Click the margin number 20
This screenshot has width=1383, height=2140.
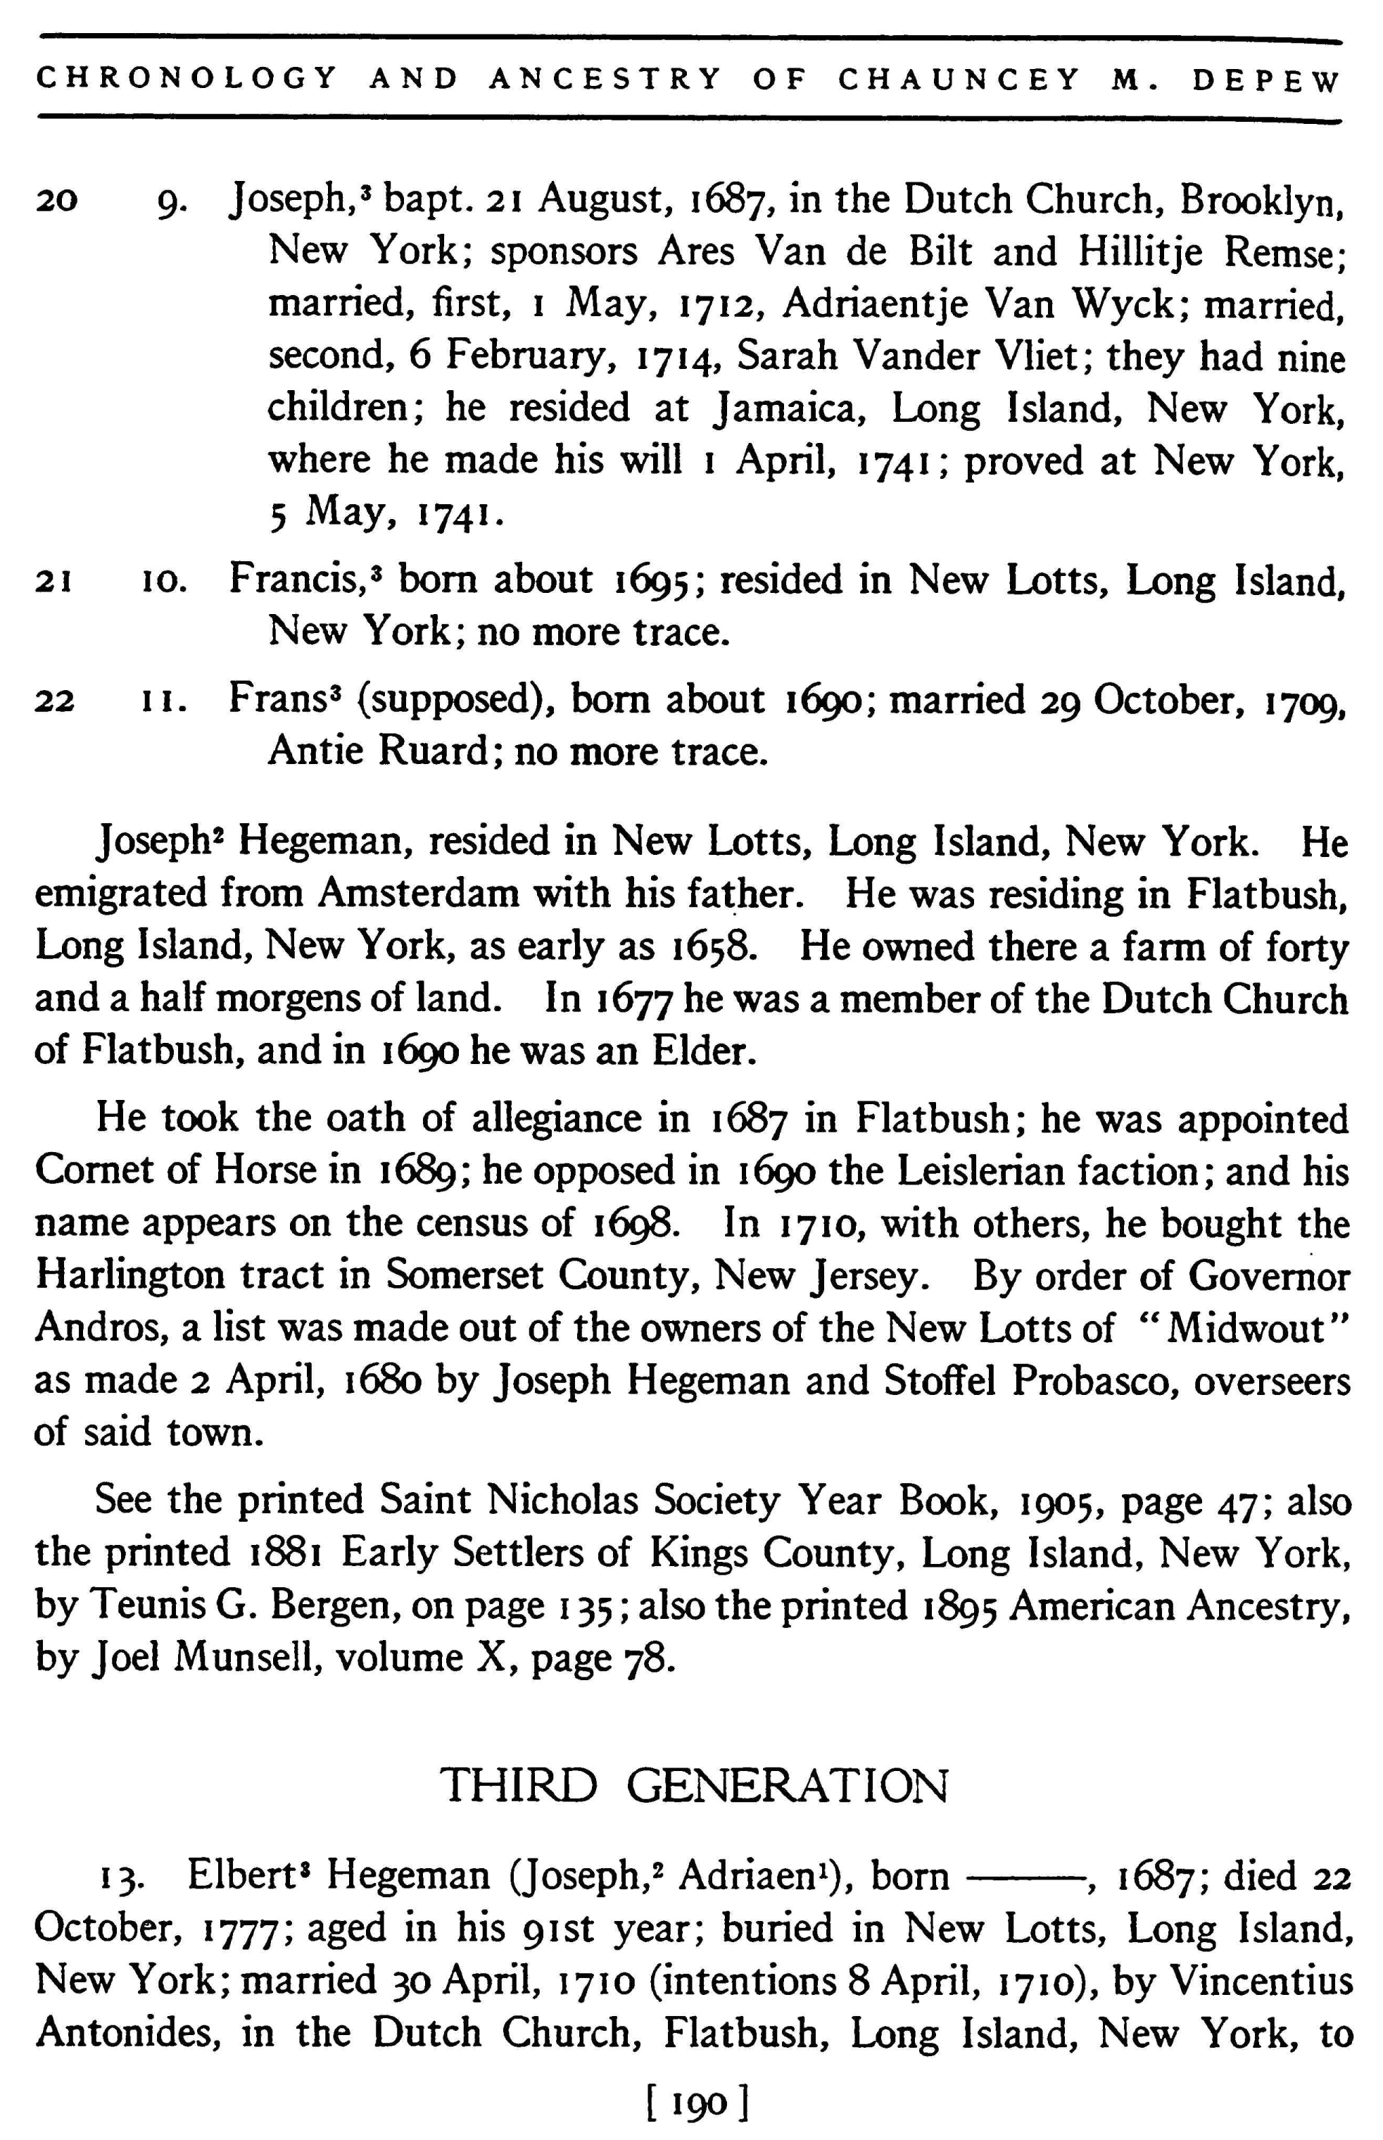click(x=56, y=201)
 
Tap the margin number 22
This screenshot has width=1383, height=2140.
click(x=55, y=701)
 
